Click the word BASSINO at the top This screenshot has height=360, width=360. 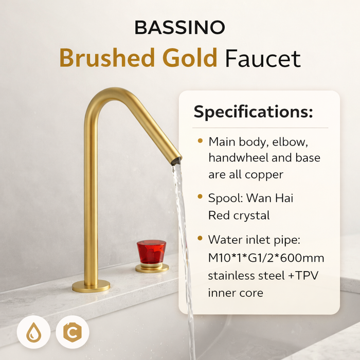pyautogui.click(x=180, y=27)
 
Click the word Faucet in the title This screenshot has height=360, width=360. pyautogui.click(x=262, y=58)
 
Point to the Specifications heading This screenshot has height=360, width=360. pyautogui.click(x=253, y=112)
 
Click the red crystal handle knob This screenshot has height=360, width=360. pyautogui.click(x=151, y=251)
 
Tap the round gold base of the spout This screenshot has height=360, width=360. pyautogui.click(x=91, y=285)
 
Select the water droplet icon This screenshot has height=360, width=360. pyautogui.click(x=33, y=332)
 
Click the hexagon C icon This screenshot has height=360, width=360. pyautogui.click(x=73, y=332)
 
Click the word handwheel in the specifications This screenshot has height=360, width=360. pyautogui.click(x=241, y=158)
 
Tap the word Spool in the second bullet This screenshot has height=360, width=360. pyautogui.click(x=225, y=198)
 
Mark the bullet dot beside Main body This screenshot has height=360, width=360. pyautogui.click(x=200, y=140)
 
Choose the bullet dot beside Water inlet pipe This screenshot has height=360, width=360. pyautogui.click(x=200, y=239)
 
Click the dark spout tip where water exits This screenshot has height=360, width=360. pyautogui.click(x=176, y=161)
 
